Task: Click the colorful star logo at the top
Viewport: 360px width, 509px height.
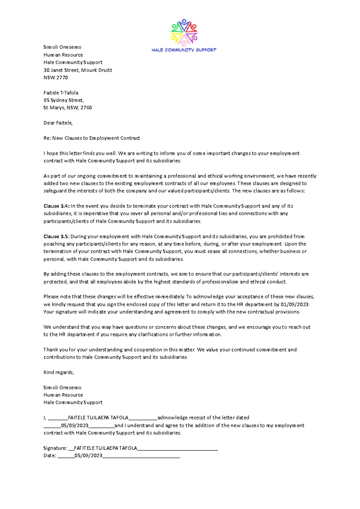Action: coord(184,32)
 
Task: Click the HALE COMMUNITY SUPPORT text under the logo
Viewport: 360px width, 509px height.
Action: coord(184,50)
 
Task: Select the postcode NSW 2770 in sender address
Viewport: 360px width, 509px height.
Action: coord(55,78)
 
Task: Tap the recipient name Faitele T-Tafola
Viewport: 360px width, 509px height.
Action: coord(61,93)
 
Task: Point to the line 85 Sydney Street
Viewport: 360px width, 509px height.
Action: coord(64,100)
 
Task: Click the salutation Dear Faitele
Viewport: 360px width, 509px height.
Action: coord(58,123)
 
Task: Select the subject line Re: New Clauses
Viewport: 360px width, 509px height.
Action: coord(91,138)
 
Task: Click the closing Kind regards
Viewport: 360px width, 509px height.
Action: coord(58,372)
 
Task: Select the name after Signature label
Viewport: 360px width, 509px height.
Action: coord(105,448)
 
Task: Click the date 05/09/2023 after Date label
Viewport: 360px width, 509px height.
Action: coord(88,456)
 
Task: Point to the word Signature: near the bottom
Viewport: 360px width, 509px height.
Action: coord(55,448)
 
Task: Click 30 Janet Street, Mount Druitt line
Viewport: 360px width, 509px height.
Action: coord(78,70)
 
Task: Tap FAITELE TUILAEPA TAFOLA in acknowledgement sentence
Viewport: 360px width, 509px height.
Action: coord(98,418)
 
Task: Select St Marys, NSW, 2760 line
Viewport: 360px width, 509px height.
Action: coord(67,108)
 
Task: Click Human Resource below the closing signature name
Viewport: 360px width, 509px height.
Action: coord(63,395)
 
